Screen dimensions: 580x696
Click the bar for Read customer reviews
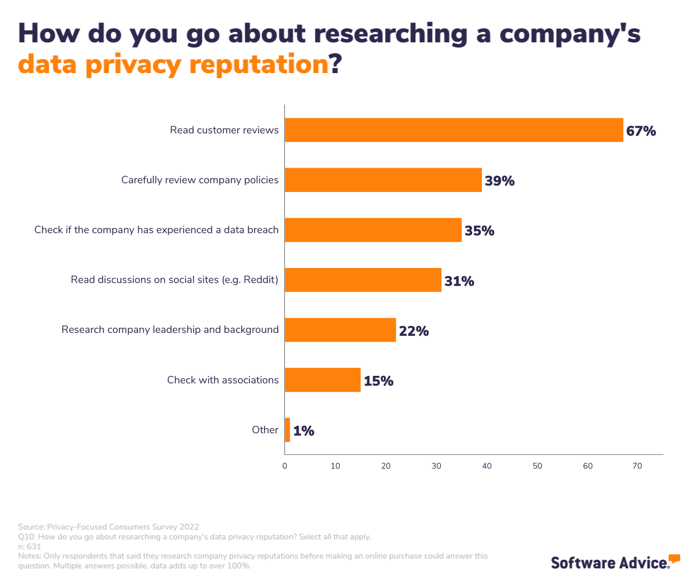pos(454,130)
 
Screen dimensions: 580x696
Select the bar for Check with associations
pos(322,380)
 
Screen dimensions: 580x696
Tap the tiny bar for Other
pos(287,430)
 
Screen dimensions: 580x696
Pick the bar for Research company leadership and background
pos(340,329)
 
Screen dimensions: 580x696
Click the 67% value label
pos(641,131)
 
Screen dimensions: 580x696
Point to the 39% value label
pos(499,181)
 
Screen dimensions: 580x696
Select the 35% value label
pos(479,231)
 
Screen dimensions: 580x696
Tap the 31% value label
pos(459,281)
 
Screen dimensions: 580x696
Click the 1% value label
pos(303,431)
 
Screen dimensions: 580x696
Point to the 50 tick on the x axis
pos(537,466)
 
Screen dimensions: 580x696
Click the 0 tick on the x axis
pos(285,466)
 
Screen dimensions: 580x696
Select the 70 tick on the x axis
pos(637,466)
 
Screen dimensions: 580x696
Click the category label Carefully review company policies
pos(200,180)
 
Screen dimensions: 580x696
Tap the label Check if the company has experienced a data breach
pos(156,230)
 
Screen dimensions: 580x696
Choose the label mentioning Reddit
pos(175,280)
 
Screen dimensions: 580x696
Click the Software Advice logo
pos(615,561)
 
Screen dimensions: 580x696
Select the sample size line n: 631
pos(30,546)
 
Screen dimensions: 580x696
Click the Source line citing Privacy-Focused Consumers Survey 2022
pos(108,527)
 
